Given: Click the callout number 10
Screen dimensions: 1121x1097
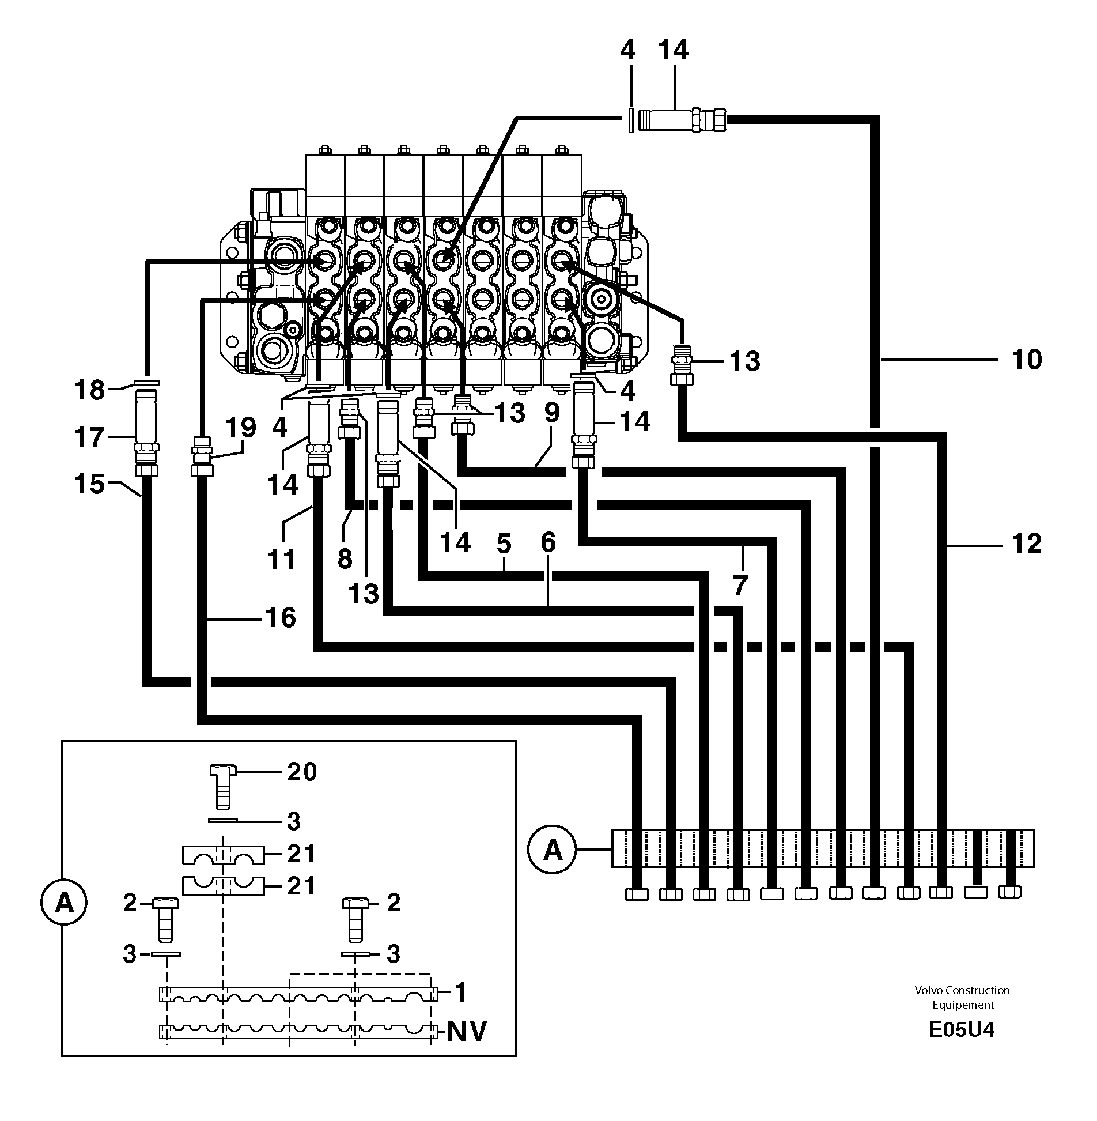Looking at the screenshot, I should click(x=1026, y=359).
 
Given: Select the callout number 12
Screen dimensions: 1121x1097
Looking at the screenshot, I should click(x=1026, y=543).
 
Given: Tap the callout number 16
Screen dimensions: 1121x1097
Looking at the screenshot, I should click(x=281, y=618).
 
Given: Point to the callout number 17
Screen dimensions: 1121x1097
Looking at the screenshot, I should click(x=89, y=437).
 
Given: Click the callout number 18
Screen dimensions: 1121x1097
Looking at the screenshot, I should click(x=89, y=391).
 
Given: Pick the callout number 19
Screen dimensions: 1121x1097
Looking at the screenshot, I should click(x=240, y=428).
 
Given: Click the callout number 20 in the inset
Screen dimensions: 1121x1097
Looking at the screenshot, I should click(x=302, y=772).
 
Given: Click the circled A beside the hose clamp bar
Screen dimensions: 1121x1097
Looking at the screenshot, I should click(x=553, y=850).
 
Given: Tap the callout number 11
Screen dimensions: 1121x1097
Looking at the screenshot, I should click(x=281, y=560).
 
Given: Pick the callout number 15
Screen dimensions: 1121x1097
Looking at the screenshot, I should click(x=89, y=484).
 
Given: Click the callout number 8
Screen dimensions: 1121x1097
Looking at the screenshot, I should click(x=345, y=558).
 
